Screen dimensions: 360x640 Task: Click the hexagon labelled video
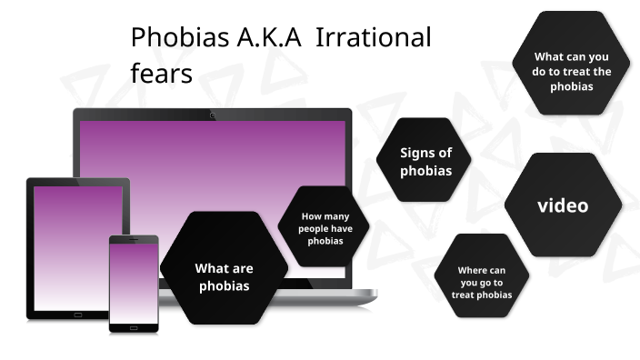[x=563, y=205]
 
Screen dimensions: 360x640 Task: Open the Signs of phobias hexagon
[x=425, y=161]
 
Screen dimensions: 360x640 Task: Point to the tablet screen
[x=76, y=245]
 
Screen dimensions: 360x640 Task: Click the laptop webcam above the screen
[x=213, y=115]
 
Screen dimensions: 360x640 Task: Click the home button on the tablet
[x=77, y=315]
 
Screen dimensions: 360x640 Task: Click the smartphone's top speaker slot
[x=134, y=241]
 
